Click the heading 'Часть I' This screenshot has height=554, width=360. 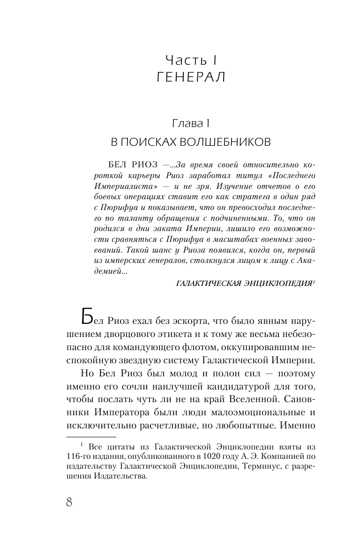(x=190, y=60)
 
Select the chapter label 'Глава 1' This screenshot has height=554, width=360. (x=190, y=124)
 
